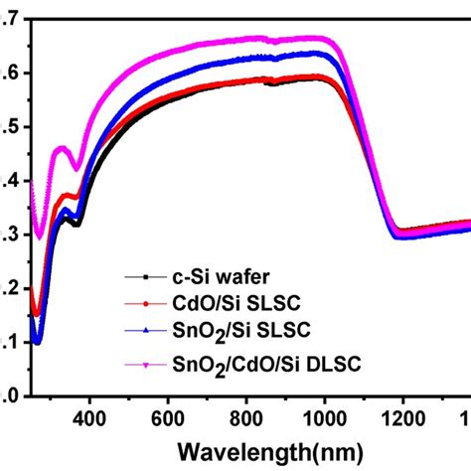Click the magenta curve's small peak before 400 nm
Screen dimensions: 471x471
click(x=64, y=148)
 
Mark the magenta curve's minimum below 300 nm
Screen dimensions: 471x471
click(x=40, y=236)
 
